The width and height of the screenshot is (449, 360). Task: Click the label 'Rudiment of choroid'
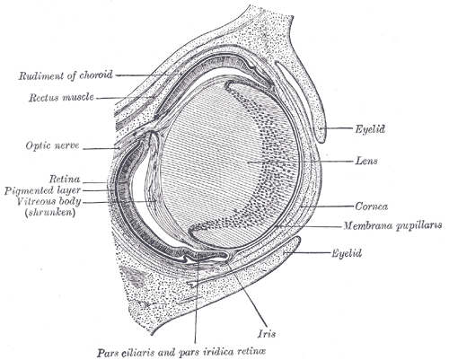66,75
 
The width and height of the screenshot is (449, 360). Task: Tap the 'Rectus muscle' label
61,97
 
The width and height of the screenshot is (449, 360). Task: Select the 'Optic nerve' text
52,145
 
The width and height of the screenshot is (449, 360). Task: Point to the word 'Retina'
65,179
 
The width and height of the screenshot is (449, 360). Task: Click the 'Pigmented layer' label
42,190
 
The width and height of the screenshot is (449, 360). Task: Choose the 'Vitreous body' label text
48,201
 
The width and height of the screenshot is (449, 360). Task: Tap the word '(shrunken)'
50,213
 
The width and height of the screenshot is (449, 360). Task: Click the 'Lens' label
366,161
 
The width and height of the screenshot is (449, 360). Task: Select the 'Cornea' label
372,206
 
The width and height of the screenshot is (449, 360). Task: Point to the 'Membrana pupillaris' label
392,225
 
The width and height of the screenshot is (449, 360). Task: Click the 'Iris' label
267,334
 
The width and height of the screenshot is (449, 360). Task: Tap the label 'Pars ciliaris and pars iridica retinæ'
181,352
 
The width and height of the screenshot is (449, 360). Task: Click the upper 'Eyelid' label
370,129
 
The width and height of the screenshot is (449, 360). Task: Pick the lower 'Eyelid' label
347,253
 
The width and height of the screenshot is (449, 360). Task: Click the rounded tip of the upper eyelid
321,138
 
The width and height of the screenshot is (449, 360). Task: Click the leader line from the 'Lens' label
301,162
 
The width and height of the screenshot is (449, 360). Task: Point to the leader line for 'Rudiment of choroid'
149,75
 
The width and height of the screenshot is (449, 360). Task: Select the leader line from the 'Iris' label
246,294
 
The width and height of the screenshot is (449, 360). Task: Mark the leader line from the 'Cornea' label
327,206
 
